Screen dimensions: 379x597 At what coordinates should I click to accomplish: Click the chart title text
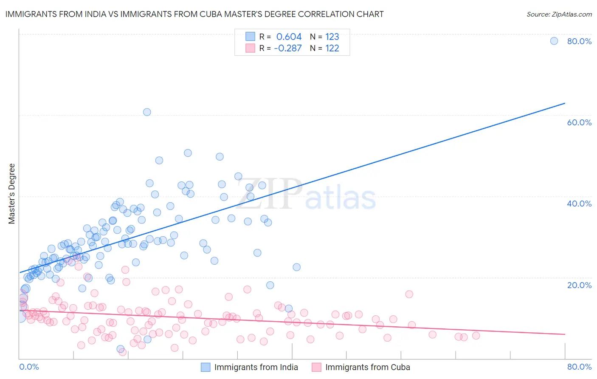coord(194,14)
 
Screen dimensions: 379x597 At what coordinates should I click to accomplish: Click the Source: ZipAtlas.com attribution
coord(559,14)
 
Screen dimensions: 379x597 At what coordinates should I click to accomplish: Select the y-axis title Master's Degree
coord(12,194)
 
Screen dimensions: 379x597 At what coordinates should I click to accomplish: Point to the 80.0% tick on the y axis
coord(579,41)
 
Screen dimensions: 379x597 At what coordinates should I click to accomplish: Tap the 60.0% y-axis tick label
coord(579,122)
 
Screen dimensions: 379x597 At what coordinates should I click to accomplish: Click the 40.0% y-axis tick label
coord(579,204)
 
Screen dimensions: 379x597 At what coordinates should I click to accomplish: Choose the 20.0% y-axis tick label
coord(579,285)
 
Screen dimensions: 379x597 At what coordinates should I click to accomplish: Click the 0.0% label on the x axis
coord(29,367)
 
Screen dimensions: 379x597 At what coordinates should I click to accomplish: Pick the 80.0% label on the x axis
coord(579,367)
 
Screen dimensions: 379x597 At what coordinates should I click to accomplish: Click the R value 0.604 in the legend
coord(289,37)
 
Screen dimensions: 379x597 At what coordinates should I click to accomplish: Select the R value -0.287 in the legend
coord(287,48)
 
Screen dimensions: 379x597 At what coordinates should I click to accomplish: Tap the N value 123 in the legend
coord(332,37)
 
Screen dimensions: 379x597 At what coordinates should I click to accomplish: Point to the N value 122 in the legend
coord(332,48)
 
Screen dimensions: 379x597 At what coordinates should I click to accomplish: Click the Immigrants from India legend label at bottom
coord(256,367)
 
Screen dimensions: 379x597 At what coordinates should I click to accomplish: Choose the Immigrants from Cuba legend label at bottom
coord(368,367)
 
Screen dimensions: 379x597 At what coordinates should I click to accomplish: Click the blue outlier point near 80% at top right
coord(554,41)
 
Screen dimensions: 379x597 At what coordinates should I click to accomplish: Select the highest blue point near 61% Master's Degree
coord(147,112)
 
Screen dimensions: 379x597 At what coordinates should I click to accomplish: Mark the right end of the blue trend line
coord(565,103)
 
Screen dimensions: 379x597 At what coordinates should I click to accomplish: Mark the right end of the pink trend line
coord(565,334)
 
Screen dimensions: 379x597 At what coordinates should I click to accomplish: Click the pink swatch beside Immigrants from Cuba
coord(316,367)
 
